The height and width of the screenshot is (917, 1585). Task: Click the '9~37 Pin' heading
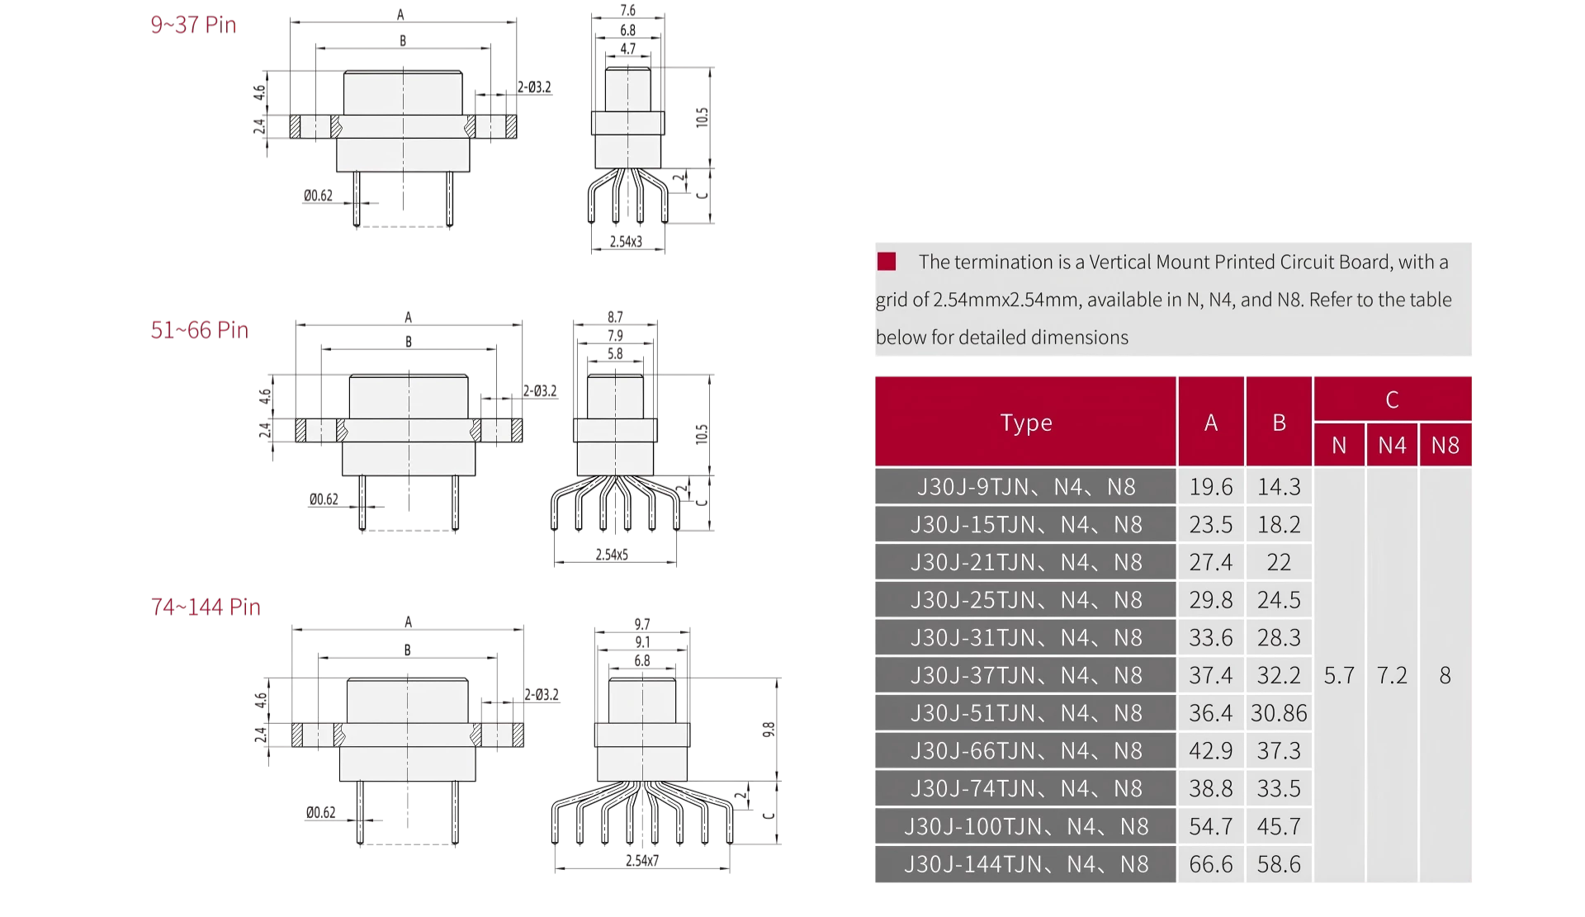[x=193, y=25]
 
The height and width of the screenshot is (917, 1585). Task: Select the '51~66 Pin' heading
[x=199, y=330]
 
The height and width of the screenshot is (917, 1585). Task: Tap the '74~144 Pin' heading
[x=206, y=607]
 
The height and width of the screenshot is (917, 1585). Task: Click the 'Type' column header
[x=1026, y=423]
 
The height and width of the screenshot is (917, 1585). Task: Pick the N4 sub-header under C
[x=1392, y=446]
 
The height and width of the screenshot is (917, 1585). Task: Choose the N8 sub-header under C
[x=1445, y=446]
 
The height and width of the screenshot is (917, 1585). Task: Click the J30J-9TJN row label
[x=1026, y=487]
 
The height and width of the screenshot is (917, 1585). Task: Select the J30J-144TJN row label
[x=1026, y=864]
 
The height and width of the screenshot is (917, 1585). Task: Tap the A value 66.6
[x=1211, y=864]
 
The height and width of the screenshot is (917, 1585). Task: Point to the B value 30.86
[x=1279, y=713]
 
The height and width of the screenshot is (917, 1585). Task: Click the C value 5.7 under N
[x=1339, y=675]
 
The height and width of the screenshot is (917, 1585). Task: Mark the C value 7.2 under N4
[x=1392, y=675]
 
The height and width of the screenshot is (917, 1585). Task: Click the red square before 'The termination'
[x=887, y=262]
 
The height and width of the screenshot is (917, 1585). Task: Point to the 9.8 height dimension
[x=769, y=730]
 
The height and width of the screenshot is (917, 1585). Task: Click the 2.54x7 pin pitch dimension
[x=642, y=860]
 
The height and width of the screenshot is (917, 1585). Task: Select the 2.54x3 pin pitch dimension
[x=626, y=242]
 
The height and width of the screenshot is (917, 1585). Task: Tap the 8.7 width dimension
[x=615, y=317]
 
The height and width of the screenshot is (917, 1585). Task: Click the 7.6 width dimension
[x=627, y=11]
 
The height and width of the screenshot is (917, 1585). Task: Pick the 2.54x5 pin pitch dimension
[x=612, y=555]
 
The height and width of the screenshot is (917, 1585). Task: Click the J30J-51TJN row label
[x=1026, y=713]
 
